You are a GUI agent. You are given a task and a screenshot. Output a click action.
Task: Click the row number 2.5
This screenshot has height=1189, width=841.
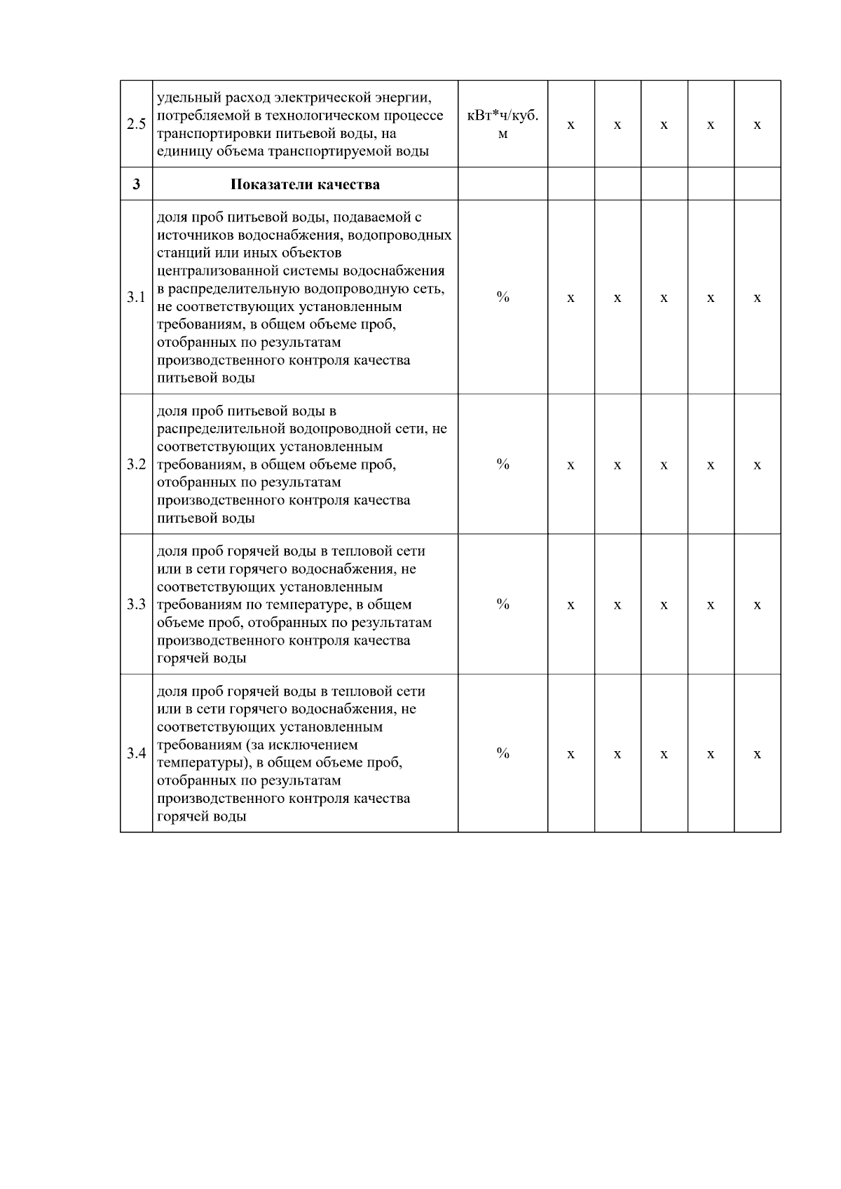[136, 125]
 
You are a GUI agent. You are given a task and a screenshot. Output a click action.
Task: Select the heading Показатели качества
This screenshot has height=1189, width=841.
[305, 185]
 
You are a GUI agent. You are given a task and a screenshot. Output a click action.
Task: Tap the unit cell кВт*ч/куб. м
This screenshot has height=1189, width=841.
[502, 124]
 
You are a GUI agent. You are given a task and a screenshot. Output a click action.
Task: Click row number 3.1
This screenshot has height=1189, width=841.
[136, 297]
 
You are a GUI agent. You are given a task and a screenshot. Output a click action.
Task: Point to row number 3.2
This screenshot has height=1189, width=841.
[136, 465]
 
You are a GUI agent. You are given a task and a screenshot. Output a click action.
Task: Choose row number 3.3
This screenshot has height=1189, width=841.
[136, 604]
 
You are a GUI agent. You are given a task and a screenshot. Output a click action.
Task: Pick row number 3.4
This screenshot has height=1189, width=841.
[136, 754]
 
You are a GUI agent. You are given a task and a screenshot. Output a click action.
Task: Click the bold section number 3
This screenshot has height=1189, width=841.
[136, 185]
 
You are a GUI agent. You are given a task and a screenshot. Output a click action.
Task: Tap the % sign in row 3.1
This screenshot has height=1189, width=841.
[502, 297]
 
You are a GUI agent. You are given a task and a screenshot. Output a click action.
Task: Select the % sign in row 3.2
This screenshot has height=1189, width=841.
[502, 464]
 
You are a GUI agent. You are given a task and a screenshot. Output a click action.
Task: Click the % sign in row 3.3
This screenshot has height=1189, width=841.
[502, 604]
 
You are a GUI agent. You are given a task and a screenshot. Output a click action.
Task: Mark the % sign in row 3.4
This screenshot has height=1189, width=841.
[502, 753]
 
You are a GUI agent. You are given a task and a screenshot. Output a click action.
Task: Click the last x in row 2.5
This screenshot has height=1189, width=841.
[757, 125]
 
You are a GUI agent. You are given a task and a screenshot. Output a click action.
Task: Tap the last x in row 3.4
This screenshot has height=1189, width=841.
[757, 755]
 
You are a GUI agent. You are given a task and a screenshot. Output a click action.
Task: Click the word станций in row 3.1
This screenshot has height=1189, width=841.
[180, 253]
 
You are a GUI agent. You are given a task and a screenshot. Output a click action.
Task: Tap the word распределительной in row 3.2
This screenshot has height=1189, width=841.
[217, 429]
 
